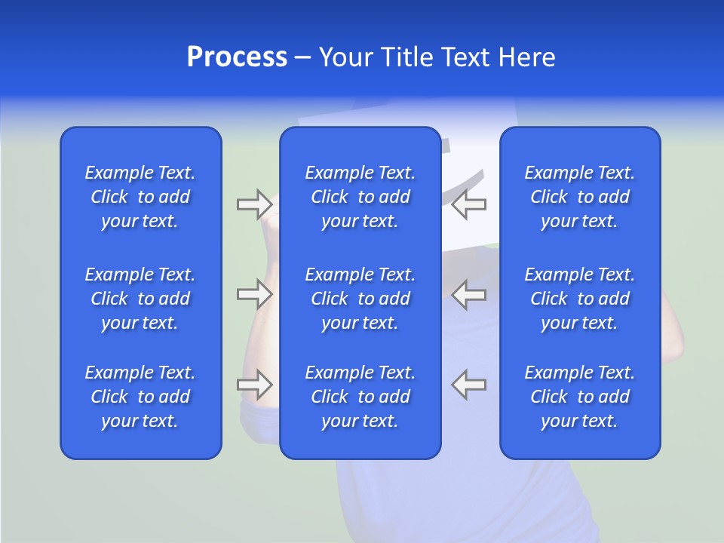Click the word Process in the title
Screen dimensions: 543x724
tap(237, 57)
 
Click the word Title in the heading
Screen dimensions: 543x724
tap(407, 57)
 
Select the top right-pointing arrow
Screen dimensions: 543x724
tap(255, 204)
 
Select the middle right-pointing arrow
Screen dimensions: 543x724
tap(255, 294)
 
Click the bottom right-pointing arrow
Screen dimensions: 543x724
tap(255, 385)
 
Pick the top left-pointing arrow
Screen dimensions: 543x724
tap(469, 204)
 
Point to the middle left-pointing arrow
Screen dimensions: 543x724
tap(469, 294)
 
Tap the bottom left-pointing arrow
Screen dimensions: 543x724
tap(469, 385)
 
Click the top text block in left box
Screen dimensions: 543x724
tap(140, 197)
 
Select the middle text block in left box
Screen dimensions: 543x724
tap(140, 299)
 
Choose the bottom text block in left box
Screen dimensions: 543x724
tap(140, 397)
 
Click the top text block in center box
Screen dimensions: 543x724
tap(360, 197)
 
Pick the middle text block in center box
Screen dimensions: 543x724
tap(360, 299)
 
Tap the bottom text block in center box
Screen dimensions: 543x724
tap(360, 397)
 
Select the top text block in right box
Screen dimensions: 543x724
tap(579, 197)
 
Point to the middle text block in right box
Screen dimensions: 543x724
tap(579, 299)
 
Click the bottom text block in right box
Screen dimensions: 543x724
tap(579, 397)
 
